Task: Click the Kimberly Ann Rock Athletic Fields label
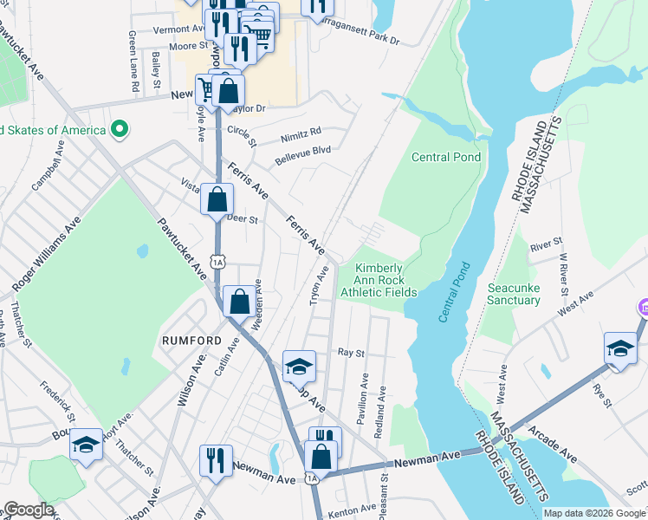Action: [378, 281]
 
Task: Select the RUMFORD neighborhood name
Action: [192, 341]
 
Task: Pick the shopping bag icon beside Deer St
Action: [217, 199]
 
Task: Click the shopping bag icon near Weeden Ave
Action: [240, 302]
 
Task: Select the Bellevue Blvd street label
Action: [303, 156]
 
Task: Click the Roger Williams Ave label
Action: [47, 253]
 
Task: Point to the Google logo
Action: [29, 510]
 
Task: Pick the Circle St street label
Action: [242, 134]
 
